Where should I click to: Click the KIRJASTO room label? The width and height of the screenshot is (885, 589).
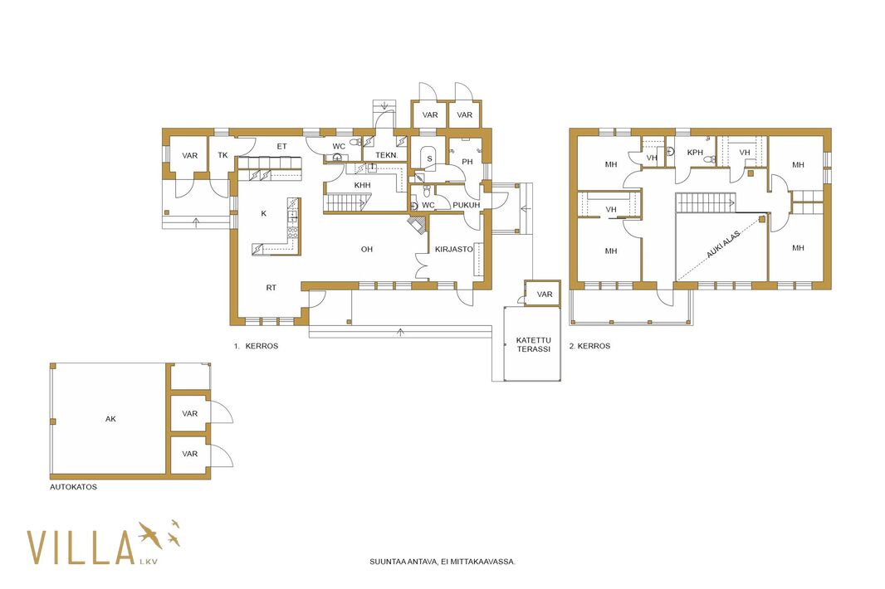pyautogui.click(x=454, y=249)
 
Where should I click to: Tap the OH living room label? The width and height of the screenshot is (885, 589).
pyautogui.click(x=367, y=249)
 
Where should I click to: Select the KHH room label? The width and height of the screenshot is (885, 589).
pyautogui.click(x=362, y=185)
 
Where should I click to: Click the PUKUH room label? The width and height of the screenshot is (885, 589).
pyautogui.click(x=467, y=205)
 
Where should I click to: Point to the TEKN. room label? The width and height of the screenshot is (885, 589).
pyautogui.click(x=387, y=154)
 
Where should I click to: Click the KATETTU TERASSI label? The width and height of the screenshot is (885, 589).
pyautogui.click(x=533, y=345)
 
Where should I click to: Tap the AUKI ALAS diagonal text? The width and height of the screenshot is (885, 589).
pyautogui.click(x=723, y=244)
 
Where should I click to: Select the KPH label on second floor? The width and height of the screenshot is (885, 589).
pyautogui.click(x=696, y=153)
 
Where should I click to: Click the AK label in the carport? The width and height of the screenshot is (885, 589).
pyautogui.click(x=110, y=419)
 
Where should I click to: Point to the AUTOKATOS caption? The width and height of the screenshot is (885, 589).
pyautogui.click(x=73, y=487)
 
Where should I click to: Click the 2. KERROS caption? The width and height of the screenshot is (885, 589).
pyautogui.click(x=589, y=346)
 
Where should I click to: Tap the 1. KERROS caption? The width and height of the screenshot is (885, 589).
pyautogui.click(x=257, y=346)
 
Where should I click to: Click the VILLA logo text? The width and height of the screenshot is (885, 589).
pyautogui.click(x=81, y=547)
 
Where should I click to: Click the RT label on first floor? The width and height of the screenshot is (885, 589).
pyautogui.click(x=271, y=288)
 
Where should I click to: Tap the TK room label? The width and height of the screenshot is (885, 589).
pyautogui.click(x=223, y=154)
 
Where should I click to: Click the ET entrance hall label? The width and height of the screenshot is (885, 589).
pyautogui.click(x=281, y=146)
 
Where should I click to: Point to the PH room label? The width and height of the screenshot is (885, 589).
pyautogui.click(x=467, y=162)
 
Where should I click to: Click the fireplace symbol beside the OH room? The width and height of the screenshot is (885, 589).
pyautogui.click(x=418, y=224)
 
